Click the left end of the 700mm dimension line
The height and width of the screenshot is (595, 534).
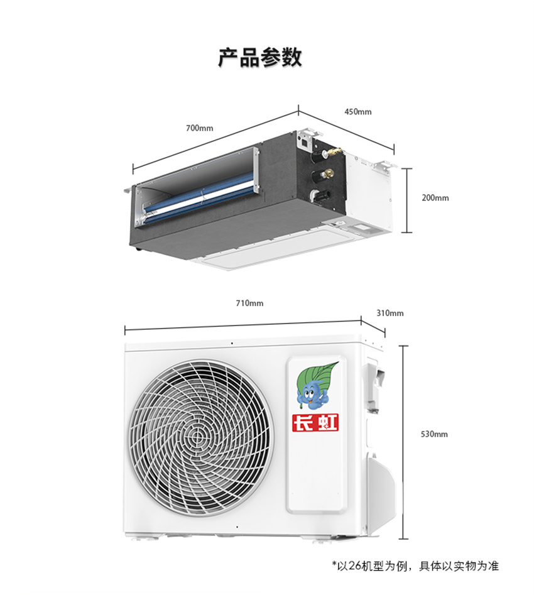(133, 169)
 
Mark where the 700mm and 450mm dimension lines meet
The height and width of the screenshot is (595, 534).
(298, 111)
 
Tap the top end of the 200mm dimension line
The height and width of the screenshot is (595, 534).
(407, 168)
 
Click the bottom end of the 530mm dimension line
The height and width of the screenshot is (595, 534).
(403, 538)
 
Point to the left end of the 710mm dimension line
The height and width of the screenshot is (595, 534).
(125, 330)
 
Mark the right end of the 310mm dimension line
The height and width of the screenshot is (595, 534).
(385, 334)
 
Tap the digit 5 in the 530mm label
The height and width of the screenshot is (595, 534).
(423, 434)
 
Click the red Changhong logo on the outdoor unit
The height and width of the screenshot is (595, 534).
(315, 422)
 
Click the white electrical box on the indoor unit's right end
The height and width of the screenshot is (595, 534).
(368, 194)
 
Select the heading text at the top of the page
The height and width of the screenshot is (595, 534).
(260, 58)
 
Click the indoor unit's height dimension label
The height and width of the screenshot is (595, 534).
(435, 198)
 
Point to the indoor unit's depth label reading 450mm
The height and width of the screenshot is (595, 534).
(358, 112)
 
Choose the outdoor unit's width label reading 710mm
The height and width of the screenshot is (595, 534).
(249, 303)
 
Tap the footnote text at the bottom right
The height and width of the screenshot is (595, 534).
(415, 565)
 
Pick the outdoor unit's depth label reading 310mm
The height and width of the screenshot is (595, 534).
(390, 313)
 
